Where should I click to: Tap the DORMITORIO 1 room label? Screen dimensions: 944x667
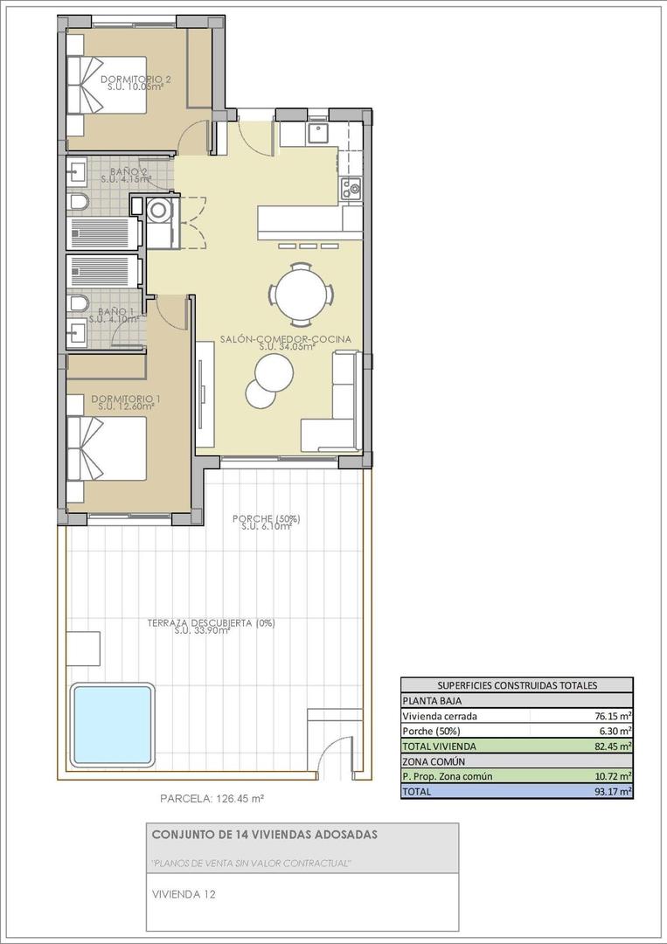(122, 399)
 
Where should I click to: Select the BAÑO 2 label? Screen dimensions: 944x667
(123, 171)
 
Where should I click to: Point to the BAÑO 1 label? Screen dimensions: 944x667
(115, 312)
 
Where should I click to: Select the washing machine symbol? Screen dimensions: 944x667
(160, 210)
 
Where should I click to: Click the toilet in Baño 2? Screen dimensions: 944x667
(78, 203)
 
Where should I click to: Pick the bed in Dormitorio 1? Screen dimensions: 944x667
(105, 448)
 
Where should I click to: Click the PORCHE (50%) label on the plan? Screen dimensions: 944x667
(266, 519)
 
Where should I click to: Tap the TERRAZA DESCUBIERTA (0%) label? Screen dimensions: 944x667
(212, 623)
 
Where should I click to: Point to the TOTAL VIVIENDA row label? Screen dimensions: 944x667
(439, 746)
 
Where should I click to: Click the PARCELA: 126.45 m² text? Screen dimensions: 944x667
(212, 798)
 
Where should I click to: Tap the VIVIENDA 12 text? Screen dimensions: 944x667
(183, 894)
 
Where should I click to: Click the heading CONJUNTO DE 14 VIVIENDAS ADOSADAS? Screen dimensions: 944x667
(265, 835)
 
